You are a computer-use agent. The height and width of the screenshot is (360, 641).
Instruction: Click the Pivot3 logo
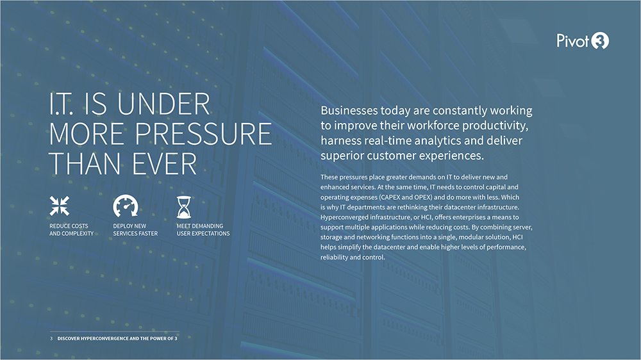click(x=583, y=41)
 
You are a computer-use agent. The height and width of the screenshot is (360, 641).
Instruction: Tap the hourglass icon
click(x=183, y=207)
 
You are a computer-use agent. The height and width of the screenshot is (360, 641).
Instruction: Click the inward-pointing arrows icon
click(x=59, y=206)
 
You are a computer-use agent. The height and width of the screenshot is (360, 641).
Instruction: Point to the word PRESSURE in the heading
click(x=203, y=134)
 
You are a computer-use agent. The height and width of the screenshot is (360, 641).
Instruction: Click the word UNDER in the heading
click(x=163, y=104)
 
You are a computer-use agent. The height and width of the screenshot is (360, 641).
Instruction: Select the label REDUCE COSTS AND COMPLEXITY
click(x=72, y=230)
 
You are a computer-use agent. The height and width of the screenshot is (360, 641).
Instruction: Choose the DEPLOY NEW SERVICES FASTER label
click(x=135, y=230)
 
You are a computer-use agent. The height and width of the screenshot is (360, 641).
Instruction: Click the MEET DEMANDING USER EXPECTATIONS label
click(x=203, y=230)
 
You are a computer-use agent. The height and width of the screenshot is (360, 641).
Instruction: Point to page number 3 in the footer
click(x=51, y=338)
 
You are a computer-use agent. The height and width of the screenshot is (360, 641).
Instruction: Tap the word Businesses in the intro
click(x=349, y=110)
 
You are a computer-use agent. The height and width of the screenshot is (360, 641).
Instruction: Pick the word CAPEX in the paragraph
click(x=389, y=197)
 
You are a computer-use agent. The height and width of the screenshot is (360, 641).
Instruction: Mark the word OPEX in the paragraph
click(x=423, y=197)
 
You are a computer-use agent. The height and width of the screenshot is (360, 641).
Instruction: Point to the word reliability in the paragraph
click(x=334, y=257)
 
